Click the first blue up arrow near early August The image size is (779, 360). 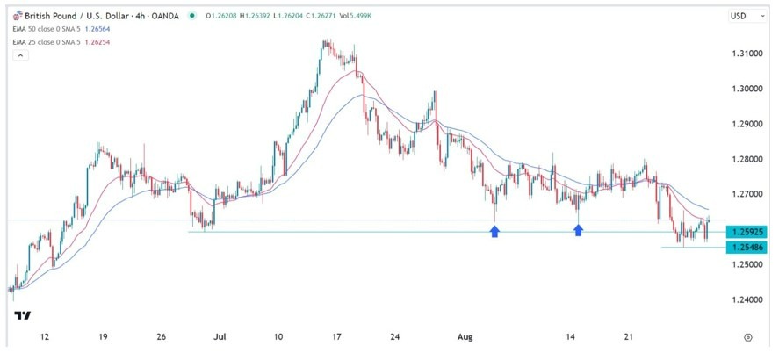click(495, 231)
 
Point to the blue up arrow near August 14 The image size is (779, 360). click(579, 230)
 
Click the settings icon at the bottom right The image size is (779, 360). click(747, 336)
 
